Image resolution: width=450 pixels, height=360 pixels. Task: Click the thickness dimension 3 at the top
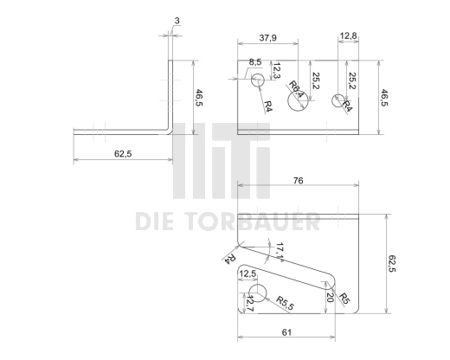point(177,19)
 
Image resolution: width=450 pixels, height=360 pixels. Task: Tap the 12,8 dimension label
point(348,36)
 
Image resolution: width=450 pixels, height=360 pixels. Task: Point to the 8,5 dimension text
point(255,62)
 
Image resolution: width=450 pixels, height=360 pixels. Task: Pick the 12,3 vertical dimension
point(277,69)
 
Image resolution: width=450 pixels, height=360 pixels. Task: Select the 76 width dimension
point(297,182)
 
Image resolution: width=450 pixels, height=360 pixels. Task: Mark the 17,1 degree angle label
point(280,252)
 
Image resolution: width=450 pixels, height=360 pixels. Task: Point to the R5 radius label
point(344,300)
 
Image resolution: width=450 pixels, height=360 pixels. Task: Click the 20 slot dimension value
point(329,295)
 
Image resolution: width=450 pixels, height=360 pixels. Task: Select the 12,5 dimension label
point(248,274)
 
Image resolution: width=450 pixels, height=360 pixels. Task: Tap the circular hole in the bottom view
point(258,292)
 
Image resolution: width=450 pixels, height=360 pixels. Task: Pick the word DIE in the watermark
point(156,223)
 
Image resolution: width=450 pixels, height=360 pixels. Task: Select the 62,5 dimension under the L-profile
point(123,152)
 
